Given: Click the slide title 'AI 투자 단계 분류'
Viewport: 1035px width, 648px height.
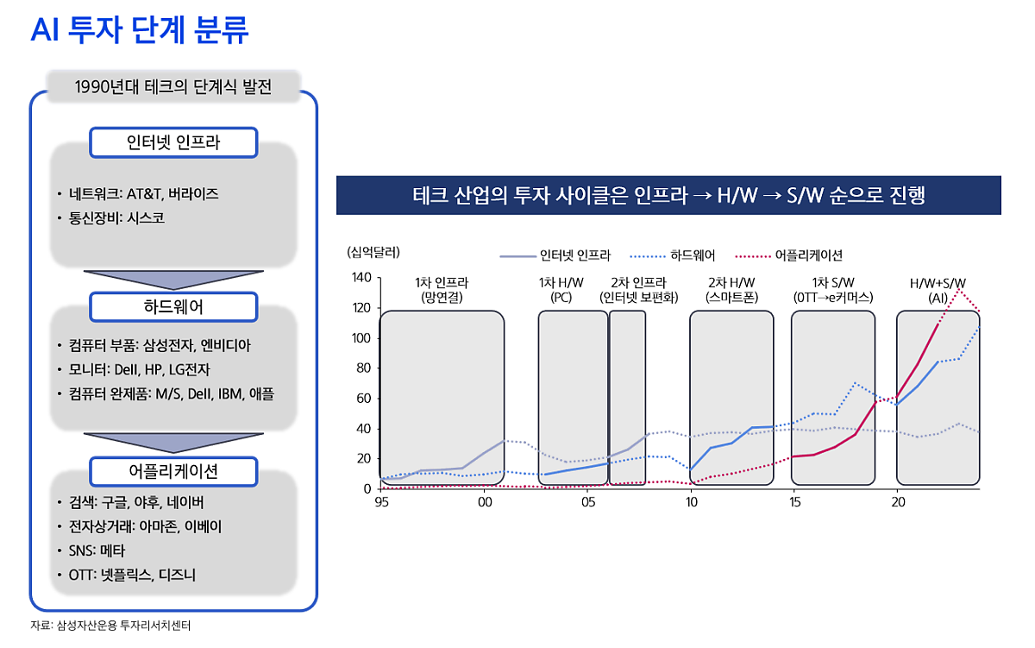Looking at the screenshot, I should pos(139,30).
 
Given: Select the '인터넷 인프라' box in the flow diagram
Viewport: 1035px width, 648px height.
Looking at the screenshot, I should pos(173,143).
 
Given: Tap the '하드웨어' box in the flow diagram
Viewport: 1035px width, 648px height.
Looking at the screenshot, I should pos(173,307).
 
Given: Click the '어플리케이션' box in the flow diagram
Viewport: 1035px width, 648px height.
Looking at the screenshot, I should pos(173,471).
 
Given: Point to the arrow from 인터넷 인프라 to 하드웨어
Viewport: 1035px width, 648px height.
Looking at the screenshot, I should pos(173,280).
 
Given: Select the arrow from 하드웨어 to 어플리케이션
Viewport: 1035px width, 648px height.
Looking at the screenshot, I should pos(173,443).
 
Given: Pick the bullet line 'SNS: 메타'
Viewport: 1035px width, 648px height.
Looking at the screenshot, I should pos(91,550).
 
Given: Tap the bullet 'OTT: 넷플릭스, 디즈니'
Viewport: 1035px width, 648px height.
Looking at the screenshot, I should pos(132,575).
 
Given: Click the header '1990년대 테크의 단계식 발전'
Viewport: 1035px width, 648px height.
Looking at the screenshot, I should pos(173,86).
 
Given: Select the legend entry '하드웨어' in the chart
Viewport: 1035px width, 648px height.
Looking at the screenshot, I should pos(673,255).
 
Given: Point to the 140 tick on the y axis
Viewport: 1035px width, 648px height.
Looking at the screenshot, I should pos(361,278).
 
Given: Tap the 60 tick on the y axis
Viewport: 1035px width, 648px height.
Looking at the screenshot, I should pos(364,399).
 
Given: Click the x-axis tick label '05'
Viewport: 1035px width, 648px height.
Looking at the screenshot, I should pos(588,503).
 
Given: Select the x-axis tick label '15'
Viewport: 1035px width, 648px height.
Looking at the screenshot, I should pos(794,503).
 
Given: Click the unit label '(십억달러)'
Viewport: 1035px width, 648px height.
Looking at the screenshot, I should pos(373,252).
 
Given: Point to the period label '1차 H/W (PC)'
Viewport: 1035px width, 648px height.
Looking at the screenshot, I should pos(561,290).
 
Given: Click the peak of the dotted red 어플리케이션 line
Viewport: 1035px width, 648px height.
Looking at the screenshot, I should pos(959,289).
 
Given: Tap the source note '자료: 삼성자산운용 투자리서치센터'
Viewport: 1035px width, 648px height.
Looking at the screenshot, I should pos(110,626).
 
